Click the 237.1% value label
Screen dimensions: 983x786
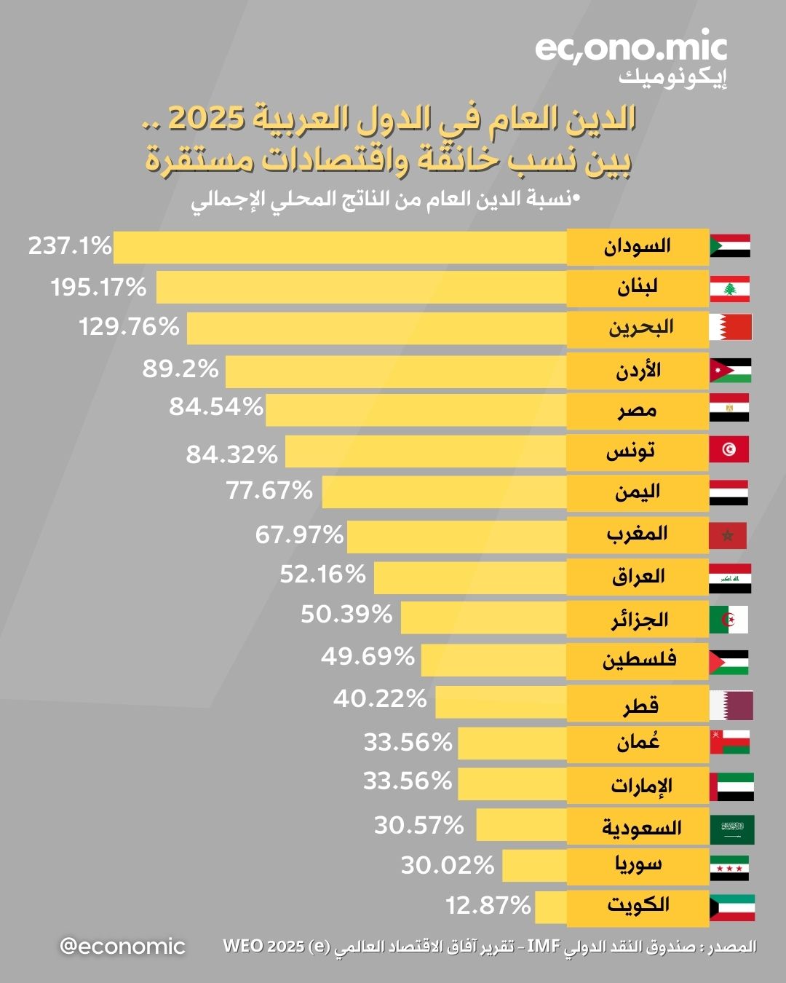pyautogui.click(x=70, y=246)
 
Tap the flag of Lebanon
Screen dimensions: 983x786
pyautogui.click(x=729, y=289)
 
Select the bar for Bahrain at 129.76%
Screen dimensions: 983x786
pyautogui.click(x=376, y=328)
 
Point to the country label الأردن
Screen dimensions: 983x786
pyautogui.click(x=638, y=371)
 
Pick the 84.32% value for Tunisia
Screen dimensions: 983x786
pyautogui.click(x=231, y=454)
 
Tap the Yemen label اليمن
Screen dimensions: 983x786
pyautogui.click(x=638, y=492)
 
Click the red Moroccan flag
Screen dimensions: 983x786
pyautogui.click(x=728, y=536)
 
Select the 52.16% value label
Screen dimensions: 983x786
pyautogui.click(x=322, y=575)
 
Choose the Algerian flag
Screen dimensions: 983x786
pyautogui.click(x=729, y=620)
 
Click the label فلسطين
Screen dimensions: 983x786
pyautogui.click(x=639, y=660)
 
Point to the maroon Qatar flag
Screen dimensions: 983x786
pyautogui.click(x=731, y=705)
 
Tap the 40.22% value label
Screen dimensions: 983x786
pyautogui.click(x=380, y=699)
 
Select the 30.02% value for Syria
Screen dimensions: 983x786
pyautogui.click(x=448, y=865)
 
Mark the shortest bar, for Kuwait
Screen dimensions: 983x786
pyautogui.click(x=550, y=907)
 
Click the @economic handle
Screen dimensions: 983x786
pyautogui.click(x=122, y=947)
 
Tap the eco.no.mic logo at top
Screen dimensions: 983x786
pyautogui.click(x=631, y=50)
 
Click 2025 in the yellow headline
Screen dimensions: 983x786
pyautogui.click(x=206, y=119)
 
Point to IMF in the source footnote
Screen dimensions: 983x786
pyautogui.click(x=543, y=947)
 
